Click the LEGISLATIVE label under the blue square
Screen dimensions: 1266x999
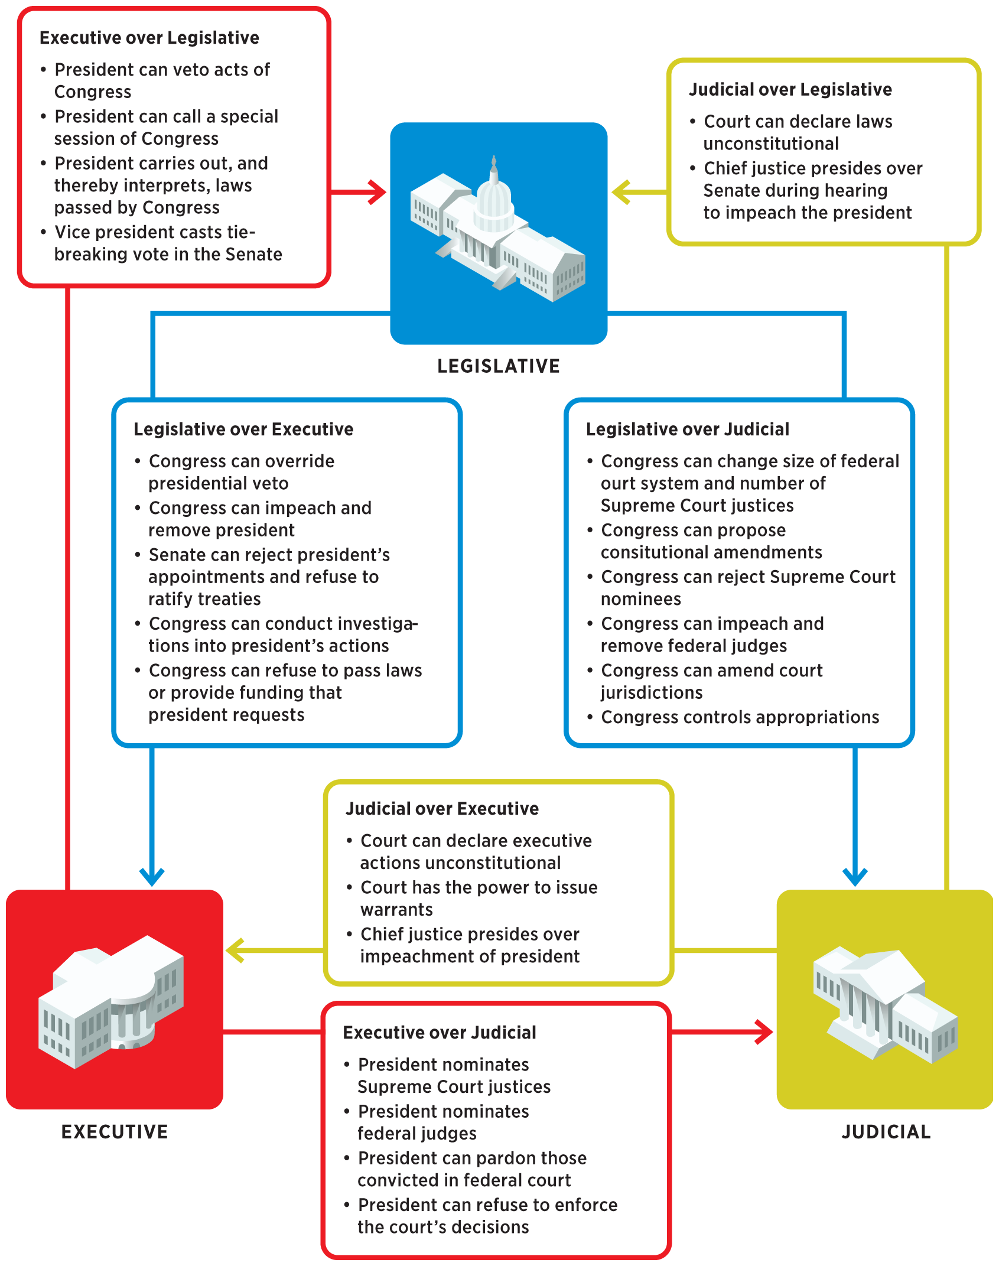498,366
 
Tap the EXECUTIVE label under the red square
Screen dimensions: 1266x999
115,1131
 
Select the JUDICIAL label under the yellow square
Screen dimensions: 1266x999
886,1131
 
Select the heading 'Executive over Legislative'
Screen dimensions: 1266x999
149,38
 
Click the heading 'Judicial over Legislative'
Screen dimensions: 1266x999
790,90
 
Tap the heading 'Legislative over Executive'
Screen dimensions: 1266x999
243,429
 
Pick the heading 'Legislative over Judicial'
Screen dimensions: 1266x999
687,429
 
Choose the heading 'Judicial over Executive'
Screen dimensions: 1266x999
442,809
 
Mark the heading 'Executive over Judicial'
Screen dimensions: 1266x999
440,1033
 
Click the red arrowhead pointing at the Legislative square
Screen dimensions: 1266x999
378,192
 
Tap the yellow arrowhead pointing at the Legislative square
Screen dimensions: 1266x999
620,192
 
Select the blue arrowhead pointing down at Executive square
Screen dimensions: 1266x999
152,876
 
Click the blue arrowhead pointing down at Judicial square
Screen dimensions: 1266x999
855,876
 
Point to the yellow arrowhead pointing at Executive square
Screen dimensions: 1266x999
235,951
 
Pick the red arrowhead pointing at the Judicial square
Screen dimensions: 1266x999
766,1032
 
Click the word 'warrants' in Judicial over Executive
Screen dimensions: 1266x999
396,910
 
